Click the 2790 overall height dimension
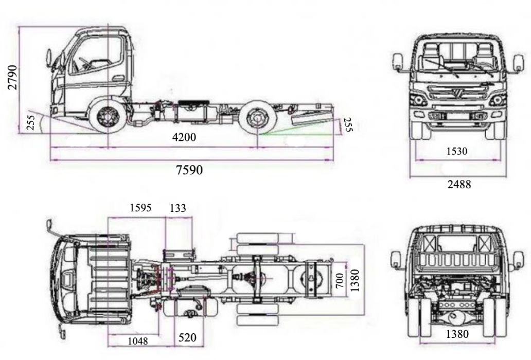13,77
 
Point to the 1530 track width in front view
457,151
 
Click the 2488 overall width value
458,184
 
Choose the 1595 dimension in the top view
140,208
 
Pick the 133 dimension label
178,208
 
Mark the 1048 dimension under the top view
137,340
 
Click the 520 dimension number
187,338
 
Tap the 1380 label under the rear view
456,334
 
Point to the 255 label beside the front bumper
31,122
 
